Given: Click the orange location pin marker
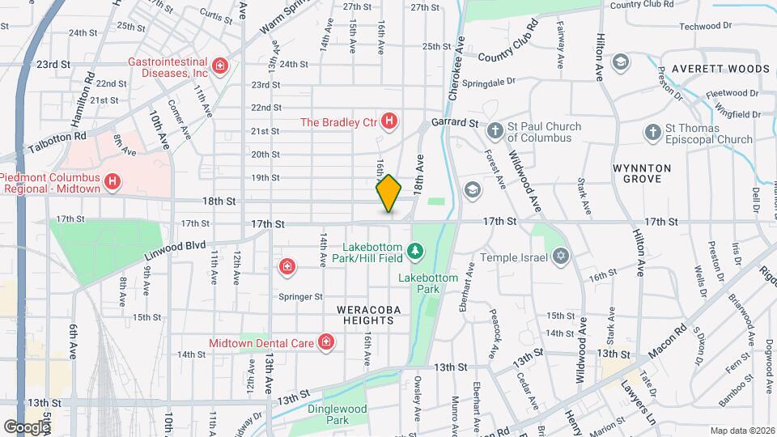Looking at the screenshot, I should point(388,193).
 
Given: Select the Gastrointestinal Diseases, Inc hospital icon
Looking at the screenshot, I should point(219,65).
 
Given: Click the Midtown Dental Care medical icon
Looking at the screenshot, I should point(325,343).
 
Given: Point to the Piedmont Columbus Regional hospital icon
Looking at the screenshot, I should point(112,182).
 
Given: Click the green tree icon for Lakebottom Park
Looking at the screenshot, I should point(416,252).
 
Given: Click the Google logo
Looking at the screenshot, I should point(26,427).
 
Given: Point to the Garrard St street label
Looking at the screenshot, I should point(455,122).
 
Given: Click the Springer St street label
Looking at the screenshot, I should point(301,297).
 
